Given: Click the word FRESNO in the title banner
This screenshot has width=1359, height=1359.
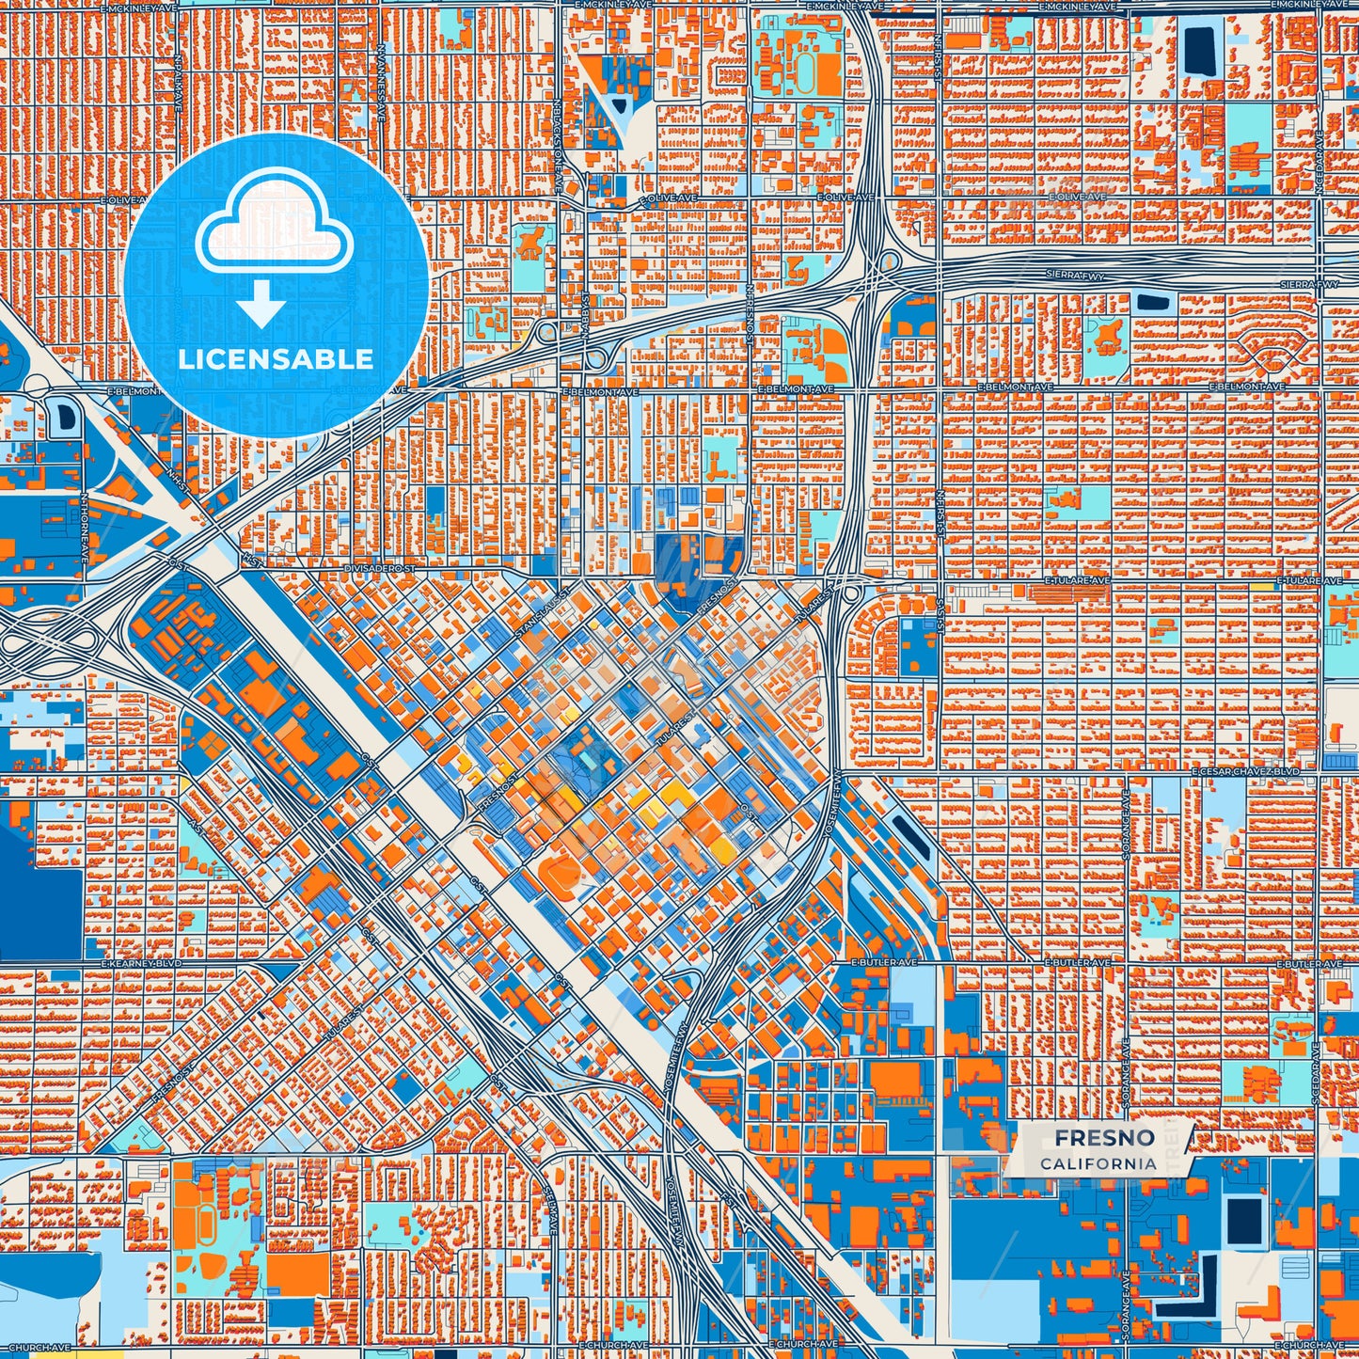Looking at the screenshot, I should click(x=1103, y=1138).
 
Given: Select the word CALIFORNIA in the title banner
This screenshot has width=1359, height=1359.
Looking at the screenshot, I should click(x=1098, y=1163).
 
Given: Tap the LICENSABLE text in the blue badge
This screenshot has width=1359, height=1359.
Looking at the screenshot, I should click(x=276, y=359).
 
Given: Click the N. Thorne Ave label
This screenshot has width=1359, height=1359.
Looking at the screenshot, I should click(x=85, y=518).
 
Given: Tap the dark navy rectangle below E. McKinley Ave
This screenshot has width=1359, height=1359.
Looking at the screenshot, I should click(x=1198, y=51).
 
